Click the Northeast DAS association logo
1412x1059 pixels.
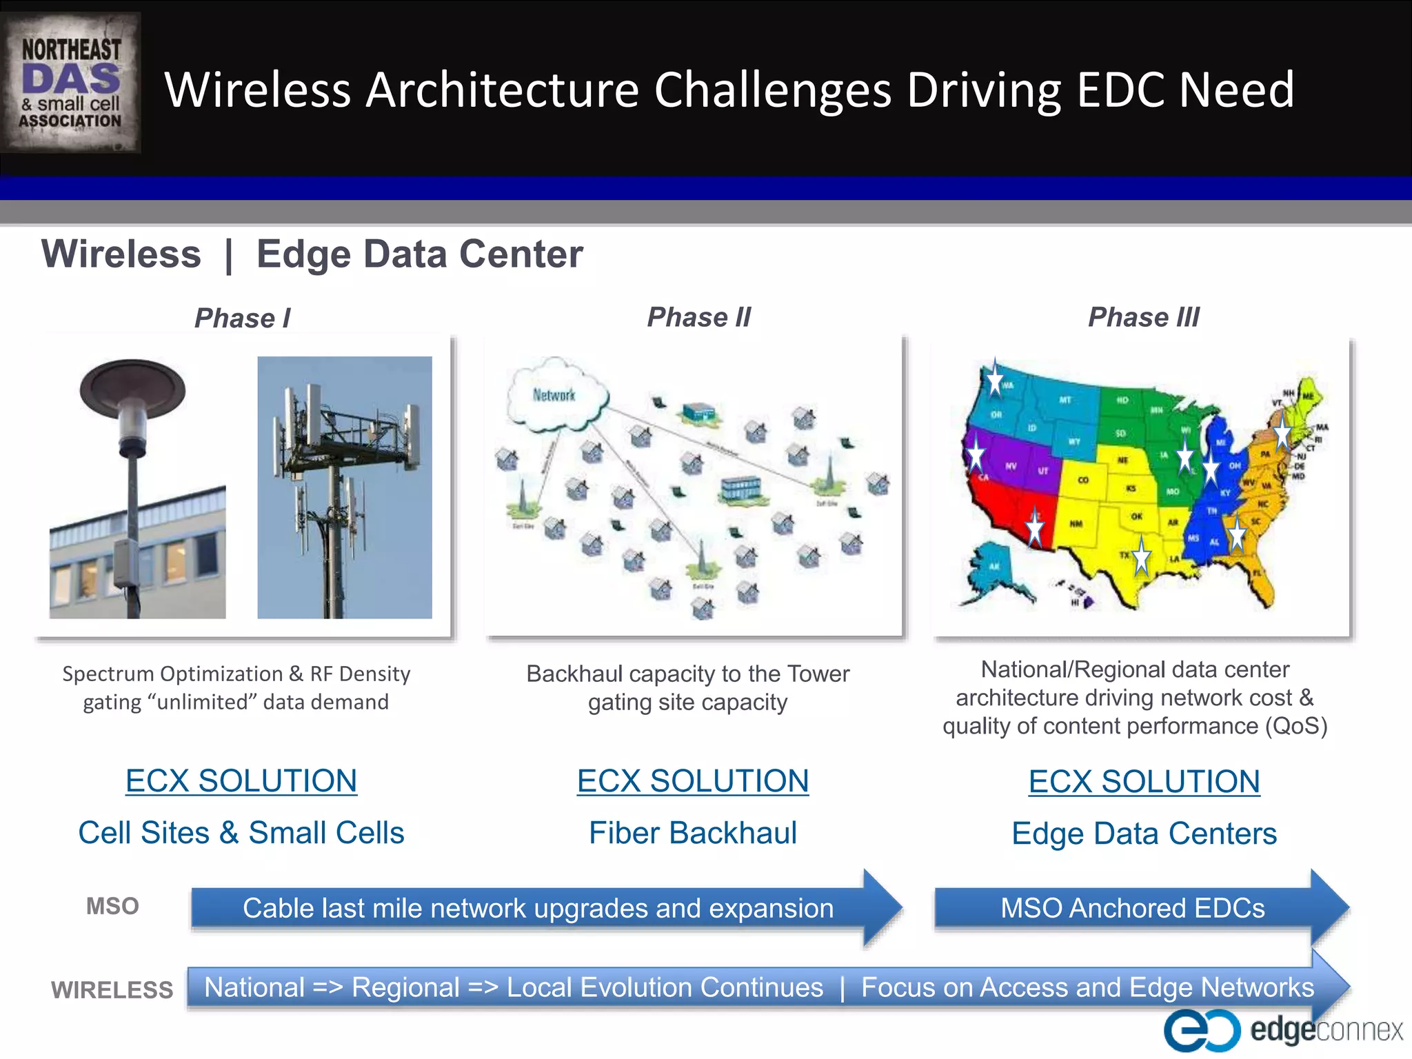tap(70, 83)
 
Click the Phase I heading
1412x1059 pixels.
tap(242, 319)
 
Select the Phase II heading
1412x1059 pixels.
tap(698, 317)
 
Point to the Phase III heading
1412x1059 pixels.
tap(1143, 317)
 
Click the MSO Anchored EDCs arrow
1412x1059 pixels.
tap(1133, 908)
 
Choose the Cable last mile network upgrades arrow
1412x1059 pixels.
tap(538, 908)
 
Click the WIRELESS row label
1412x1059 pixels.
tap(112, 990)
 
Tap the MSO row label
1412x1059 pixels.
tap(112, 906)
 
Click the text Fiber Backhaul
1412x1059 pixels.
tap(692, 833)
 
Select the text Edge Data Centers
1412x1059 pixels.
tap(1144, 834)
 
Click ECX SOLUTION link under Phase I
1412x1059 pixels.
tap(241, 781)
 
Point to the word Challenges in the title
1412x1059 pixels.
tap(772, 90)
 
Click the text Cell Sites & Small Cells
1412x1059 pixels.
tap(241, 833)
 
